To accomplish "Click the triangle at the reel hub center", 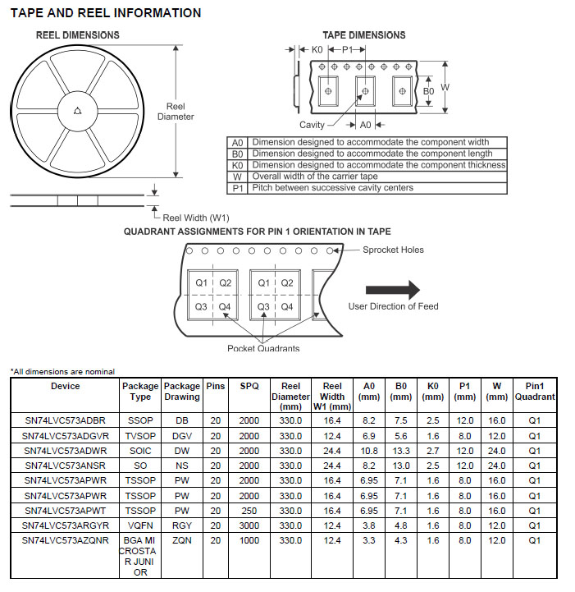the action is coord(78,111).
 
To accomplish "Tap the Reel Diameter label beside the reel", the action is coord(176,112).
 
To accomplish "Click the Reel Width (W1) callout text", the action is coord(196,218).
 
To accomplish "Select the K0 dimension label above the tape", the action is coord(317,50).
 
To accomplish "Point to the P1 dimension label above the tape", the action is coord(347,50).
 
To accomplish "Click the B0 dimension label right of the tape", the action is coord(428,91).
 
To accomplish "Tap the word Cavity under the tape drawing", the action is coord(312,125).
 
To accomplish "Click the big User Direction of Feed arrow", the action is coord(393,290).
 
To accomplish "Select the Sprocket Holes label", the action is coord(393,250).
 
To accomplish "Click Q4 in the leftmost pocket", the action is coord(225,307).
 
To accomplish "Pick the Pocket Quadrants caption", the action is coord(263,348).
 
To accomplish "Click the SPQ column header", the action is coord(249,386).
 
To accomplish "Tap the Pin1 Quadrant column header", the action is coord(535,392).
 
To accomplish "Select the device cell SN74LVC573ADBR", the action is coord(66,420).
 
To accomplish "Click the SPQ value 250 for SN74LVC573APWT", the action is coord(249,511).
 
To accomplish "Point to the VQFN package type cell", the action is coord(140,525).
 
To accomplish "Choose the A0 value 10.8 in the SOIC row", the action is coord(369,451).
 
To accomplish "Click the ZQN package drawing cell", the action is coord(182,540).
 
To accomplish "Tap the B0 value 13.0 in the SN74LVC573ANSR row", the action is coord(401,466).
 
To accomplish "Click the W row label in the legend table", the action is coord(237,177).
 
